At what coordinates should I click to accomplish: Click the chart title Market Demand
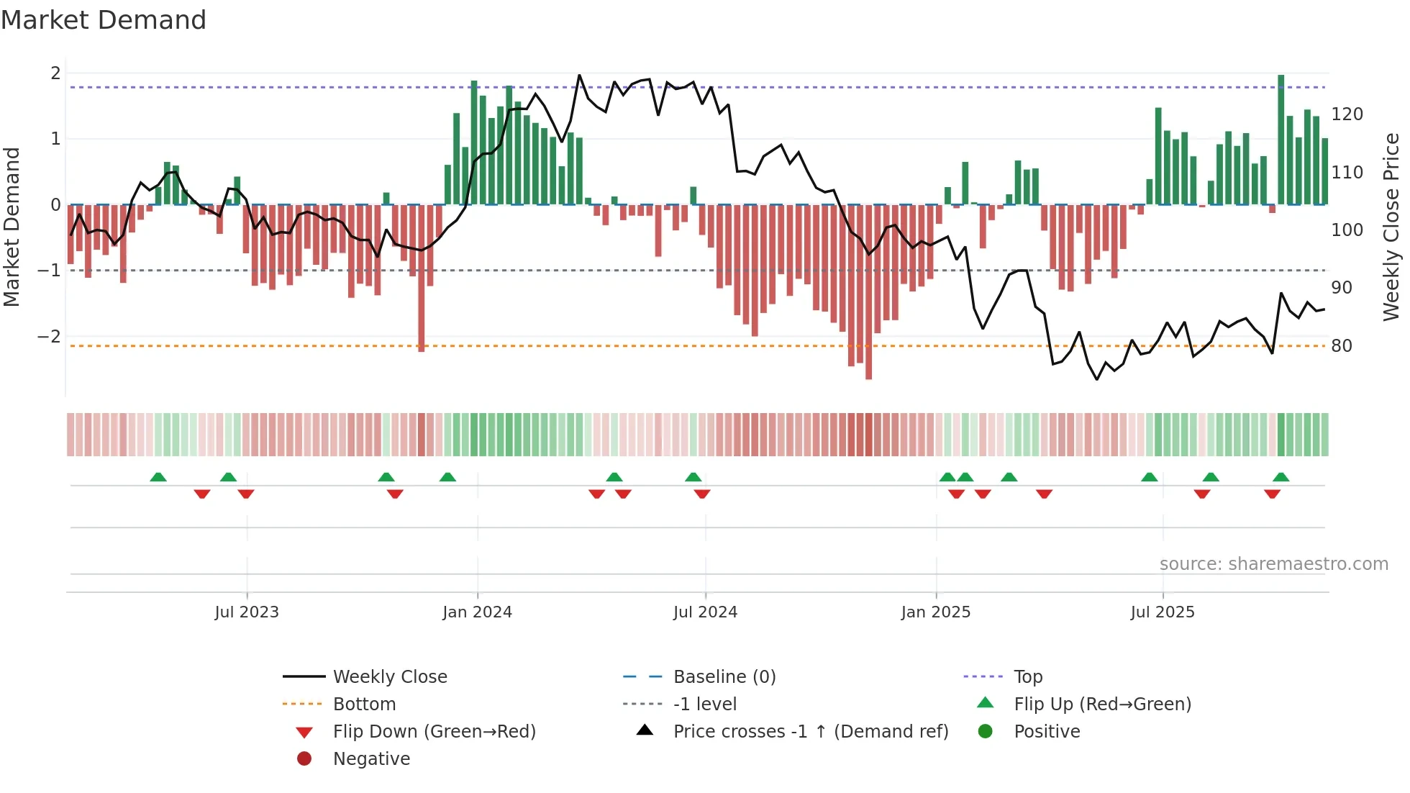point(104,19)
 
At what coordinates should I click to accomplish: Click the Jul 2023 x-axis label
point(246,612)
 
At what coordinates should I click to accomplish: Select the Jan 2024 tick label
point(477,612)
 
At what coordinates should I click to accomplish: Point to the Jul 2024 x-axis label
point(705,612)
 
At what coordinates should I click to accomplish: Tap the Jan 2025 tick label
point(935,612)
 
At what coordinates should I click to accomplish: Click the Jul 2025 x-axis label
point(1162,612)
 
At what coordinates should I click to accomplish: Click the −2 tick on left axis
point(49,336)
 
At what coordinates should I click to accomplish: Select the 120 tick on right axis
point(1347,114)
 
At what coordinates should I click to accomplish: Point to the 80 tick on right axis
point(1342,345)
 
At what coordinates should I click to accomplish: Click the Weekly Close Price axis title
point(1391,227)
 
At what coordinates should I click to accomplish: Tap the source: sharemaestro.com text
point(1273,563)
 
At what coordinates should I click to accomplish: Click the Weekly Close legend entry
point(389,676)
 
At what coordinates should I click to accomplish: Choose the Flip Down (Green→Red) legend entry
point(434,731)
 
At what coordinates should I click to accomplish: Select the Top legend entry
point(1027,676)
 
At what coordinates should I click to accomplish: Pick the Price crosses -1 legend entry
point(810,731)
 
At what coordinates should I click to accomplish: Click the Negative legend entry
point(371,758)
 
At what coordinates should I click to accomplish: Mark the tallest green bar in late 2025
point(1281,137)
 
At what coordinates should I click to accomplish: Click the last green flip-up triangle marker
point(1281,477)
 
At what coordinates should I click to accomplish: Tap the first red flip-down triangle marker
point(202,494)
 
